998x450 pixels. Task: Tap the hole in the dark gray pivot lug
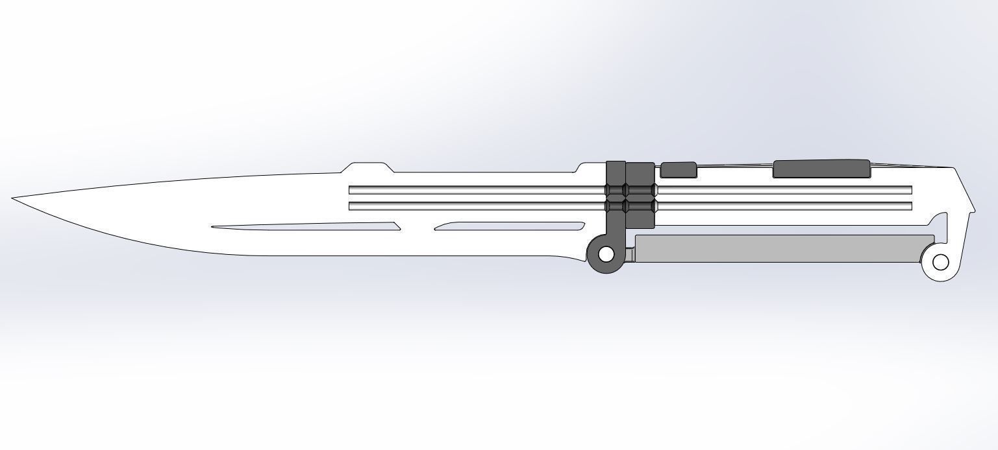click(x=605, y=255)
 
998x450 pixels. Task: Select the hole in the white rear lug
click(x=940, y=263)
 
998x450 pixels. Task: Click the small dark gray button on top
click(x=678, y=170)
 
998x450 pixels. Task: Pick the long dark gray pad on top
click(x=821, y=169)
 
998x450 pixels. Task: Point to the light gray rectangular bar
click(x=779, y=249)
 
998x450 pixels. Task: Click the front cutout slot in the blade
click(x=305, y=227)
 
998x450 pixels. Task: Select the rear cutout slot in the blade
click(x=510, y=226)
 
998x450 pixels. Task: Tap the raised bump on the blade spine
click(x=368, y=167)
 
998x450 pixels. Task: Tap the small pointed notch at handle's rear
click(x=972, y=210)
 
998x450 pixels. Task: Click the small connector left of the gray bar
click(x=630, y=255)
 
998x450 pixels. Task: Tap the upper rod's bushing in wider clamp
click(x=640, y=190)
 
